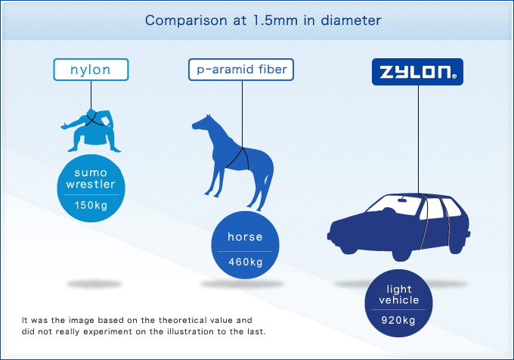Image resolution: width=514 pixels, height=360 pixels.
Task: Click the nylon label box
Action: (91, 70)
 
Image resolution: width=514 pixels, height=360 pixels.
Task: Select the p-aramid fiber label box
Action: (241, 70)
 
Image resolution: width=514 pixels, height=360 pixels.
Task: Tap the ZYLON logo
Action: (417, 72)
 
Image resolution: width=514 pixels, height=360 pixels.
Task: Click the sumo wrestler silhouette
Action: (91, 131)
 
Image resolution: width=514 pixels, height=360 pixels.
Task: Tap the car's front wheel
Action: (348, 246)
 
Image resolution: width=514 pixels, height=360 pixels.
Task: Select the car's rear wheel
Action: (401, 252)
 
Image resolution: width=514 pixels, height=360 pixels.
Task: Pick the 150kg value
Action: (91, 205)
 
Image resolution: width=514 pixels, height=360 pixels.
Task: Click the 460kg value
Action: (246, 262)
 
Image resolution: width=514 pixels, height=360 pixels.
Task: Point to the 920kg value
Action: (398, 320)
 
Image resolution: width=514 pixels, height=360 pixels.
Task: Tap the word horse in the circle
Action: (245, 237)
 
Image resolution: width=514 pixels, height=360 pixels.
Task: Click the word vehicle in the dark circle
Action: (399, 299)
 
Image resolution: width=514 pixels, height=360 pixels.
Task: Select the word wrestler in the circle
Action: (91, 184)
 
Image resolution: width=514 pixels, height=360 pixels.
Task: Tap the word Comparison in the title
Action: (186, 20)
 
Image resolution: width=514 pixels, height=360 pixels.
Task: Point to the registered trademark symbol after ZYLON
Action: (454, 76)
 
